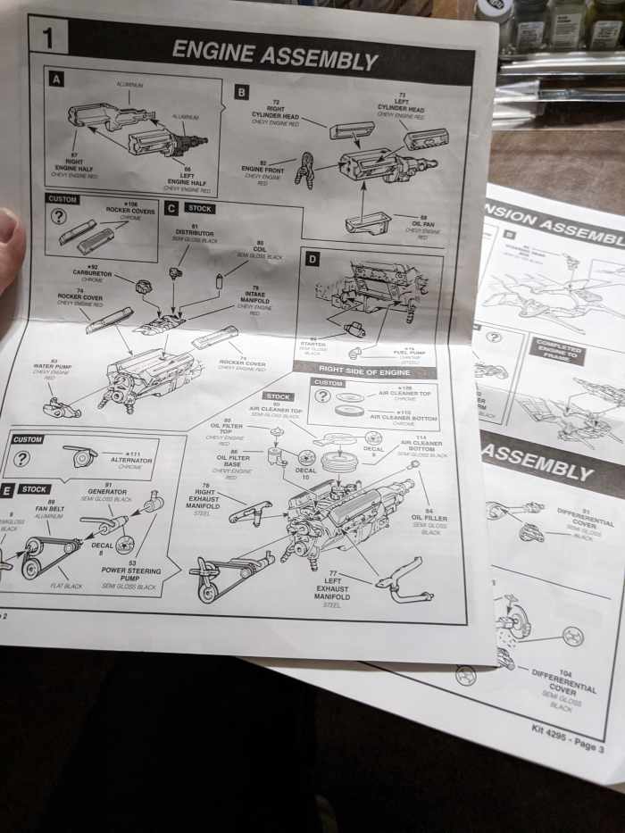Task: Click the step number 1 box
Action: [x=47, y=37]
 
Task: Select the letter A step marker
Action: [x=56, y=79]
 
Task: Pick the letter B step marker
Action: [x=242, y=92]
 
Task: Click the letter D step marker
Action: [x=312, y=259]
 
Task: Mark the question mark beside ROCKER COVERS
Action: [x=58, y=217]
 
